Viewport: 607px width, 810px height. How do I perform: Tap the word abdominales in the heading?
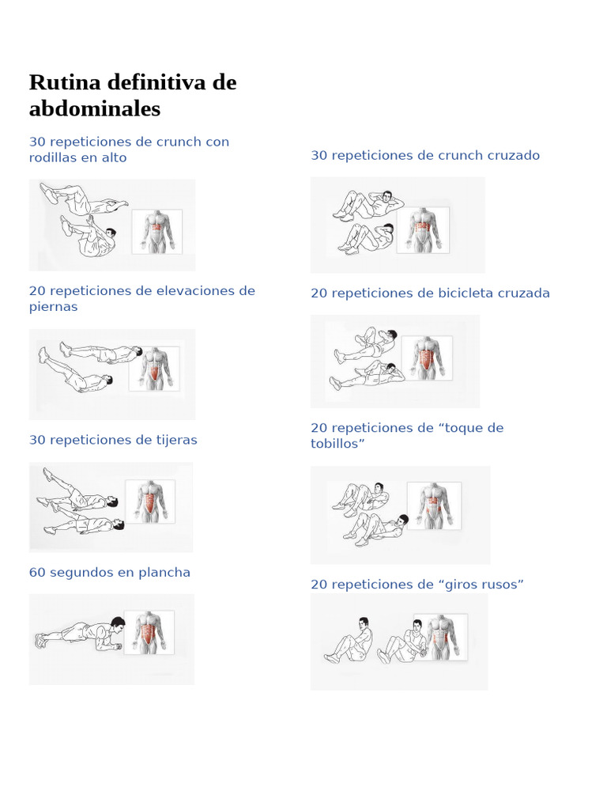tap(95, 109)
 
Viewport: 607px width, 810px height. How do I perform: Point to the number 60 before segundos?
tap(37, 573)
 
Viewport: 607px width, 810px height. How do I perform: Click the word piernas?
tap(53, 307)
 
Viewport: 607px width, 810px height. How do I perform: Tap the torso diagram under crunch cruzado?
tap(425, 230)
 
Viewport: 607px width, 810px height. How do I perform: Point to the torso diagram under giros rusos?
tap(441, 638)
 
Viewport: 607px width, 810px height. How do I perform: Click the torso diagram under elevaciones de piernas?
tap(154, 368)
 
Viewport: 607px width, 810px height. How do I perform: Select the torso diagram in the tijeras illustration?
tap(150, 502)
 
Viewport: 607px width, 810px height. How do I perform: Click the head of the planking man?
tap(118, 625)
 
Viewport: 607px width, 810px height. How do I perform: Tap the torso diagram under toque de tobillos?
tap(434, 505)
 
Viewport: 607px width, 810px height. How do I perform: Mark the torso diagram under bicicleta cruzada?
tap(428, 358)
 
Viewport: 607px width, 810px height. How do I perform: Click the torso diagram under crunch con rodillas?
tap(156, 231)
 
